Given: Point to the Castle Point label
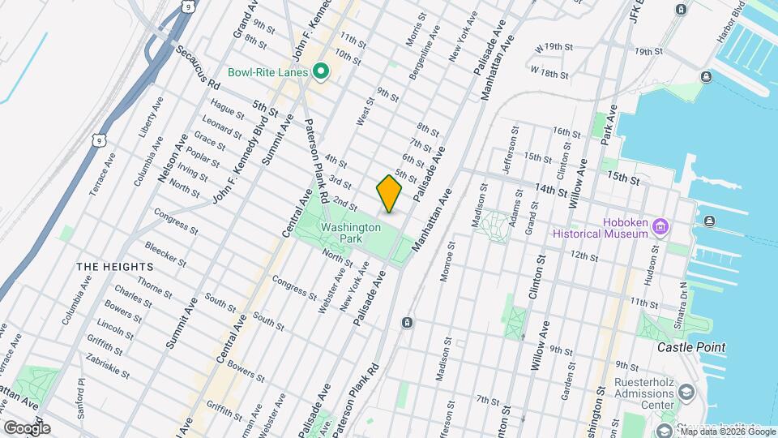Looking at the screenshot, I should coord(691,347).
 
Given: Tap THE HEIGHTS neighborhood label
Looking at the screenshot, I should coord(114,266).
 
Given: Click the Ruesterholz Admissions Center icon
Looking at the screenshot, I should coord(687,393).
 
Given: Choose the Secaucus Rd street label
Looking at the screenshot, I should coord(196,67).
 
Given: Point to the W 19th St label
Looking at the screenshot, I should coord(554,48).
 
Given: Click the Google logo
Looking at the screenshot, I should coord(26,427).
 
